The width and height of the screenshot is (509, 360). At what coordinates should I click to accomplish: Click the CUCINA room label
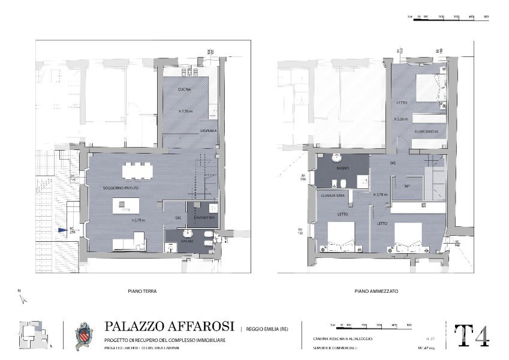[x=184, y=89]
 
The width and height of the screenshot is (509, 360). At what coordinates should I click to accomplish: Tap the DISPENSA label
[x=209, y=131]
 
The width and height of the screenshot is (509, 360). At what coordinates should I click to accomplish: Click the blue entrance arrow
[x=62, y=230]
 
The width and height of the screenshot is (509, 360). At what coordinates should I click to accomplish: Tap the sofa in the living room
[x=130, y=242]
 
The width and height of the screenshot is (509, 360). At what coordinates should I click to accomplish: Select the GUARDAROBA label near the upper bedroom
[x=429, y=132]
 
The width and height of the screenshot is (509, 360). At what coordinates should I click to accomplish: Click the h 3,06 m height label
[x=402, y=119]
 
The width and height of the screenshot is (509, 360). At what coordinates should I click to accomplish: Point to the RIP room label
[x=407, y=186]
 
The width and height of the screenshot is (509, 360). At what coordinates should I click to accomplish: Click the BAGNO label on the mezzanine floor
[x=343, y=169]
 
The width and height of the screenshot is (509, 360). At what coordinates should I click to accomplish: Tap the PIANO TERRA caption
[x=142, y=291]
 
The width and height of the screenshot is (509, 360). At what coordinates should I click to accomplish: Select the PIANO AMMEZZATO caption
[x=376, y=291]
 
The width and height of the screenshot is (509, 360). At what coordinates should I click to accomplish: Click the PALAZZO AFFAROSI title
[x=170, y=326]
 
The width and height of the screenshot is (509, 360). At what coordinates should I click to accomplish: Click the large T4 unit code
[x=471, y=336]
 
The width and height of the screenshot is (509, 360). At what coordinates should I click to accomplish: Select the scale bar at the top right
[x=447, y=17]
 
